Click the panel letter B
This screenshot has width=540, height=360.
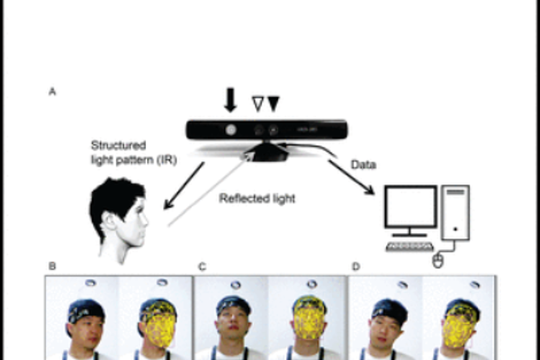click(51, 266)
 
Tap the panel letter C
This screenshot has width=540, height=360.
click(202, 266)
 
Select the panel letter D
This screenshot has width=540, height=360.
click(355, 266)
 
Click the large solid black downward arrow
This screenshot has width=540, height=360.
click(230, 99)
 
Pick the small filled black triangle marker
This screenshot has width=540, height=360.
click(274, 105)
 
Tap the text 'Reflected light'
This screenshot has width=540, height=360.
click(256, 197)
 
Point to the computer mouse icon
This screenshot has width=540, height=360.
click(438, 261)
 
